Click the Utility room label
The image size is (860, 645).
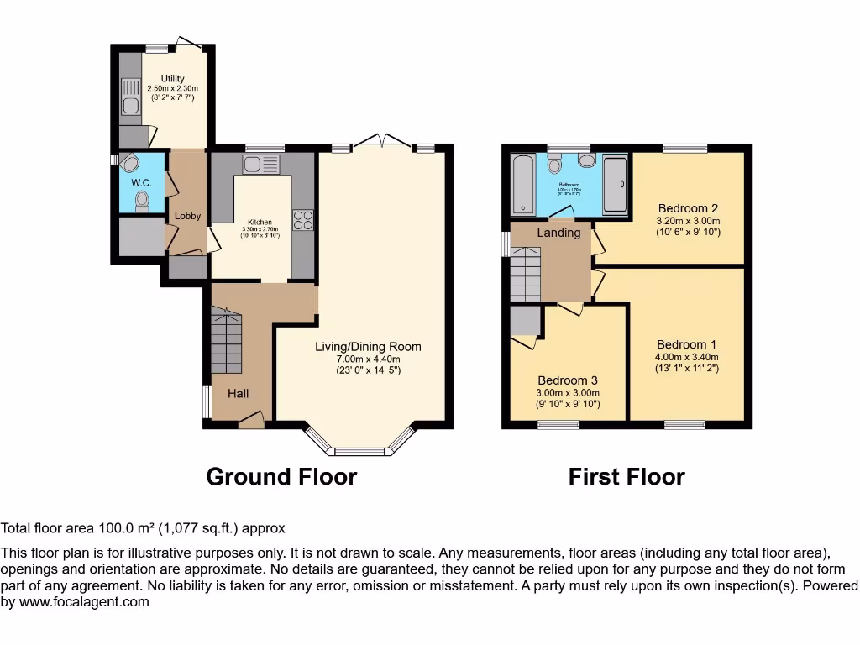(x=172, y=78)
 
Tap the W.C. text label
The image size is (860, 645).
(x=140, y=183)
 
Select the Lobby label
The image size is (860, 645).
(x=187, y=216)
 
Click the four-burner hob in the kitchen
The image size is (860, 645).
(x=302, y=219)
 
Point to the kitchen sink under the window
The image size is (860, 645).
(x=253, y=163)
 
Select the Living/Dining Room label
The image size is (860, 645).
(x=368, y=347)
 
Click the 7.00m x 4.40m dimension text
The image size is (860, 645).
(x=368, y=359)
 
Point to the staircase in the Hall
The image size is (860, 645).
(x=226, y=340)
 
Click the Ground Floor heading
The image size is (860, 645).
(x=281, y=477)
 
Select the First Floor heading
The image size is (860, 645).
(x=627, y=477)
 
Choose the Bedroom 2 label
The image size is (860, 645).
(x=688, y=208)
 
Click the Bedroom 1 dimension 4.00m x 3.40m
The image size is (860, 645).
(x=687, y=357)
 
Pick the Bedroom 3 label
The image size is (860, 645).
(x=568, y=380)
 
